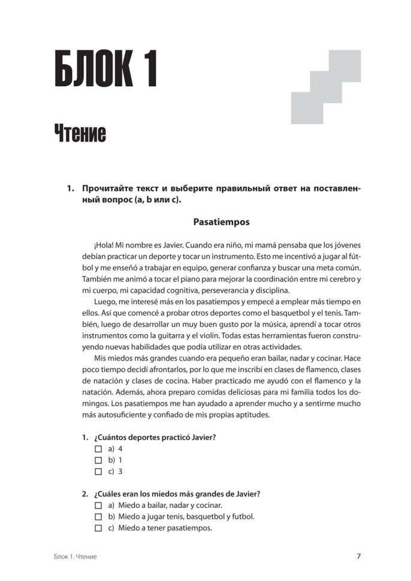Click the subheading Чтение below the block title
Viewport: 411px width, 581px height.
pyautogui.click(x=80, y=133)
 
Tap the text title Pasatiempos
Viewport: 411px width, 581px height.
pyautogui.click(x=221, y=222)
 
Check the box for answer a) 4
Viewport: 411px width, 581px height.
pyautogui.click(x=99, y=449)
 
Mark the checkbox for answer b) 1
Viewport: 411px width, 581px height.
pyautogui.click(x=99, y=460)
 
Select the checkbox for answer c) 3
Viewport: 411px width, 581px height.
pyautogui.click(x=99, y=471)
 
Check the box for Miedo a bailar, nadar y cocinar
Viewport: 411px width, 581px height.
pyautogui.click(x=99, y=506)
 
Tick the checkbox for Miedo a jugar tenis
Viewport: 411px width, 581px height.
pyautogui.click(x=99, y=517)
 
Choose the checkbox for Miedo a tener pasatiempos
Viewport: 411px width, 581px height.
pyautogui.click(x=99, y=528)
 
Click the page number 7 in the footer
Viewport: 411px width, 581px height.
pyautogui.click(x=358, y=556)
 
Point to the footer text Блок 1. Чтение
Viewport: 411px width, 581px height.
pyautogui.click(x=74, y=557)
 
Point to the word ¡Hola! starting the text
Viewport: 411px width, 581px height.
pyautogui.click(x=104, y=246)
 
